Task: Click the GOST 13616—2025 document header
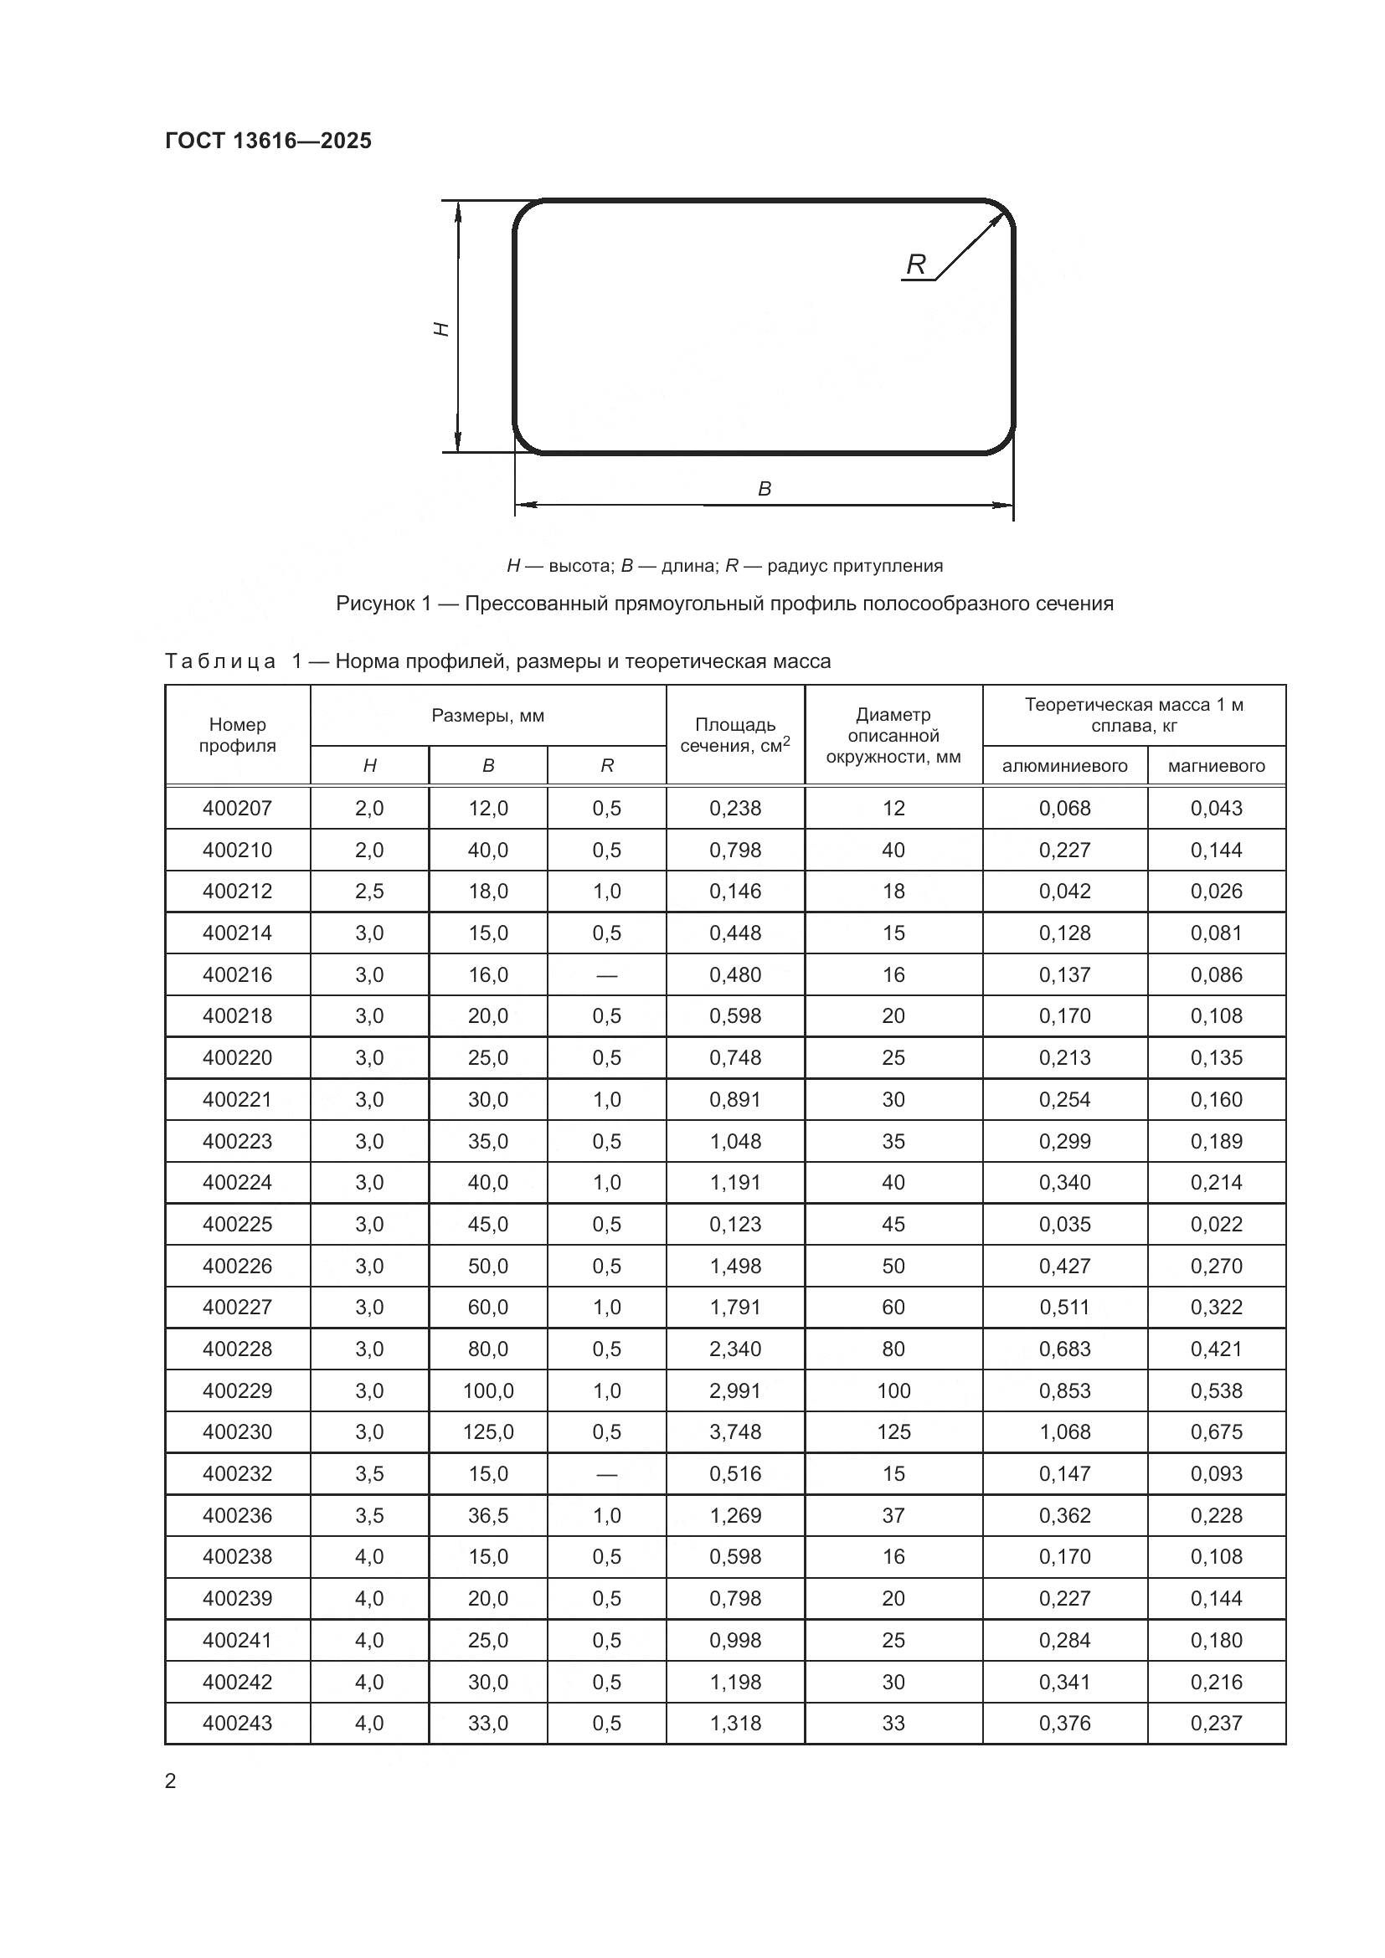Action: [268, 141]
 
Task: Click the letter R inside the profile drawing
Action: [915, 265]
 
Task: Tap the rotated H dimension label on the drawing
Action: [442, 328]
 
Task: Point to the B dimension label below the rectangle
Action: [765, 489]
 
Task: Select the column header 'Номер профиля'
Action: [237, 734]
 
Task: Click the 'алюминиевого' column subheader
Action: [1064, 766]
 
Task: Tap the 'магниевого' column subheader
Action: [1216, 766]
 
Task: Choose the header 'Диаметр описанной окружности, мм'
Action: [893, 735]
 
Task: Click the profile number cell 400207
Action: [237, 808]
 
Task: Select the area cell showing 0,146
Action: [734, 892]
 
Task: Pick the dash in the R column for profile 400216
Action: [606, 974]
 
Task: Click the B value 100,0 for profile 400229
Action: [488, 1391]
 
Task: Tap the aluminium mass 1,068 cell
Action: [1064, 1431]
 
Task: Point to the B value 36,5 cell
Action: [488, 1515]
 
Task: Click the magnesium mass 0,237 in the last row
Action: [1216, 1723]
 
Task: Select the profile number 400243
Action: [237, 1723]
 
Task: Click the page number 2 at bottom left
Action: [171, 1781]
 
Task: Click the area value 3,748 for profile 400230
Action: [734, 1431]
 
